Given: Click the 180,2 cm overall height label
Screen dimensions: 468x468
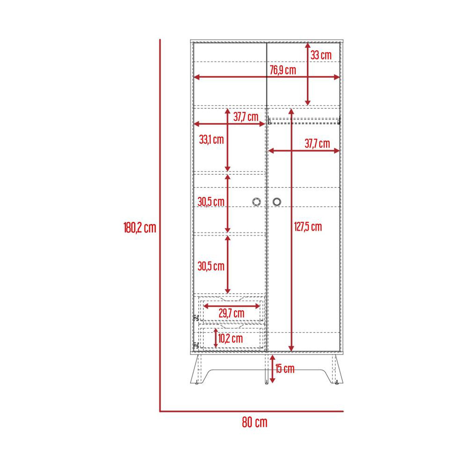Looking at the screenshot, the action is click(139, 228).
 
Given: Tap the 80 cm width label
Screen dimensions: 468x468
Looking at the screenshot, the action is click(255, 422).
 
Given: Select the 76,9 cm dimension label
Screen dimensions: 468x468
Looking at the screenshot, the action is click(283, 70).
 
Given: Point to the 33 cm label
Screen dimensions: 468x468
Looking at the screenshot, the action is click(321, 55).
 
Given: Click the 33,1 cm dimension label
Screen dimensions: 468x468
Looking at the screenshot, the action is click(212, 139).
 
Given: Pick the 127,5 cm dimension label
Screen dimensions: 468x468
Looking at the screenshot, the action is click(308, 227).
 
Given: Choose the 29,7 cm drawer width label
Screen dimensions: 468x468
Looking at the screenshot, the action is click(231, 313).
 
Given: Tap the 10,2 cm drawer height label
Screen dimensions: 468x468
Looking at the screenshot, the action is click(230, 338).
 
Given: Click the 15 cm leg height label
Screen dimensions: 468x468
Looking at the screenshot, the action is click(285, 368).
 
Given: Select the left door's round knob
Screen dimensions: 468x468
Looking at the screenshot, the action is click(256, 202).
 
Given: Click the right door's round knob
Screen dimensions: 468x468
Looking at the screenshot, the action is click(277, 202).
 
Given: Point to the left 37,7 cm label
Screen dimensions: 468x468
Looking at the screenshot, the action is click(246, 117).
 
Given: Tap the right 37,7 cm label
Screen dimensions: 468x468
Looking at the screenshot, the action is click(317, 144).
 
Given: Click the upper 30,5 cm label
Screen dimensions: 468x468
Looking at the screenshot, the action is click(211, 202).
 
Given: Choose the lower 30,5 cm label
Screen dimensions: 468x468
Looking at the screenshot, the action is click(211, 266).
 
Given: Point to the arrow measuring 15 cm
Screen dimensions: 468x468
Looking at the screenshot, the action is click(272, 369).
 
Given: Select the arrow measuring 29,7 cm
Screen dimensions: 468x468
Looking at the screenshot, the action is click(231, 306).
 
